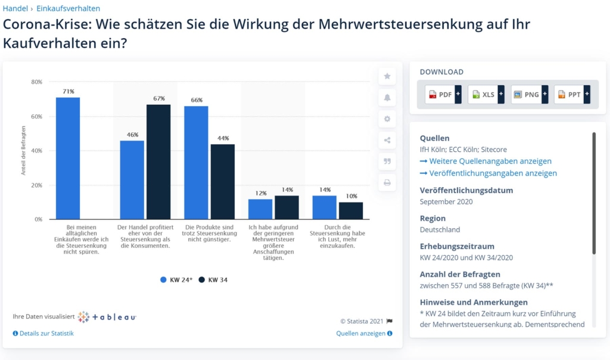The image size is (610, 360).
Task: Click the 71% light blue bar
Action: click(68, 158)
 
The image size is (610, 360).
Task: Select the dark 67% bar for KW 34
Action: click(158, 162)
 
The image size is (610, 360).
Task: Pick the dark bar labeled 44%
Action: click(222, 182)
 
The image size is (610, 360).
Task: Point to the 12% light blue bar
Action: click(260, 209)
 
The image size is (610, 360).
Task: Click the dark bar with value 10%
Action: click(351, 211)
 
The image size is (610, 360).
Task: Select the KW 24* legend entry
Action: click(176, 280)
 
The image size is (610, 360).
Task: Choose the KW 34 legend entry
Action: click(214, 280)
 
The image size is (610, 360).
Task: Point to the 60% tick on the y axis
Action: click(36, 116)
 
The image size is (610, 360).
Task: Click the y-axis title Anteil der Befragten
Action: click(24, 150)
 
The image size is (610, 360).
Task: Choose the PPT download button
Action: click(572, 94)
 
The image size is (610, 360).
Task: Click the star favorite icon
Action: click(387, 76)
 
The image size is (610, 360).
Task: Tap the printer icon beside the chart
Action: click(387, 183)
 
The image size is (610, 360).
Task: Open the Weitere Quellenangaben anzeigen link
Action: click(485, 161)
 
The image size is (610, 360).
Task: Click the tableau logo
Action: click(107, 317)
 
